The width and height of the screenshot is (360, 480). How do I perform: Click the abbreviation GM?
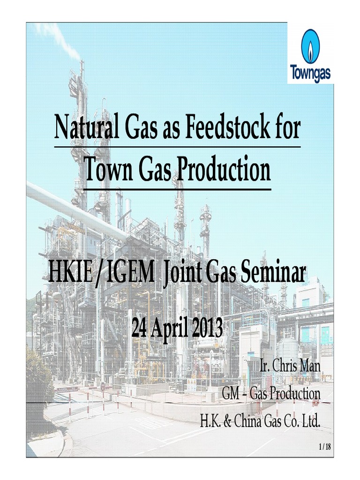click(x=231, y=394)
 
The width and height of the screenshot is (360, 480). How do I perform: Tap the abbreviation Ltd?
click(x=310, y=420)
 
